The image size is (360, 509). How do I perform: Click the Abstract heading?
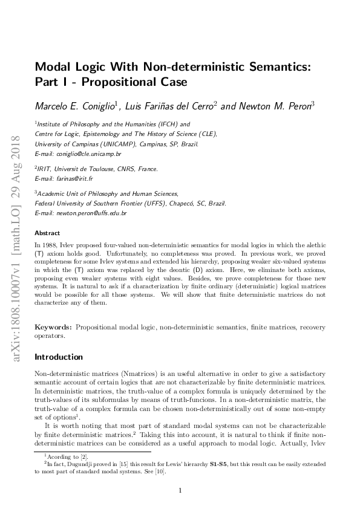[x=47, y=233]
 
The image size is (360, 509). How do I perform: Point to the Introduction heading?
[x=59, y=357]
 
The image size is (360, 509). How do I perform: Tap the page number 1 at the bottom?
[x=180, y=490]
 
